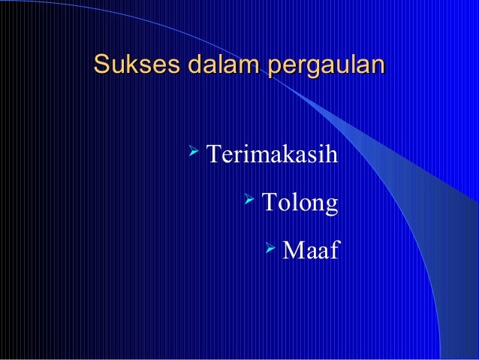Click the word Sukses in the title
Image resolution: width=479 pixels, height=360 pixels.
(128, 65)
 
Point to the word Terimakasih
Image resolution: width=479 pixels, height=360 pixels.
(272, 156)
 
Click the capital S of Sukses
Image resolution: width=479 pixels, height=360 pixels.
(101, 65)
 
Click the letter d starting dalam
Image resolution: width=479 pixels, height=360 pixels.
(179, 65)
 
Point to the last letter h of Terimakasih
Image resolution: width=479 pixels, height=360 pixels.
(333, 156)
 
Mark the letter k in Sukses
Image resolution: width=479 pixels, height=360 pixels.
(128, 65)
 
